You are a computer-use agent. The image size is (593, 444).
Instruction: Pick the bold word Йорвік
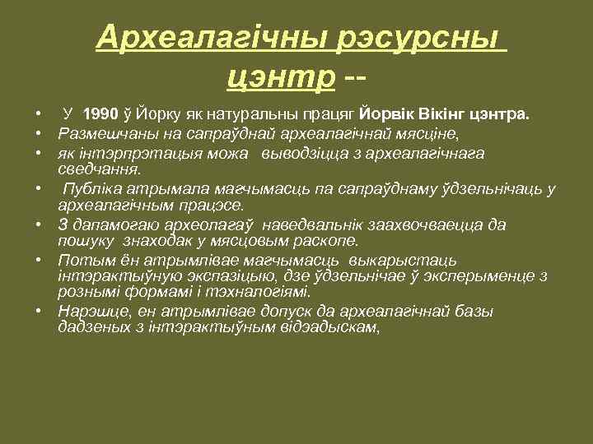[391, 116]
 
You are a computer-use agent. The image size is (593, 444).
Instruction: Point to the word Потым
[80, 259]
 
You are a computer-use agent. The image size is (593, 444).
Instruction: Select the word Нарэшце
[86, 312]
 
